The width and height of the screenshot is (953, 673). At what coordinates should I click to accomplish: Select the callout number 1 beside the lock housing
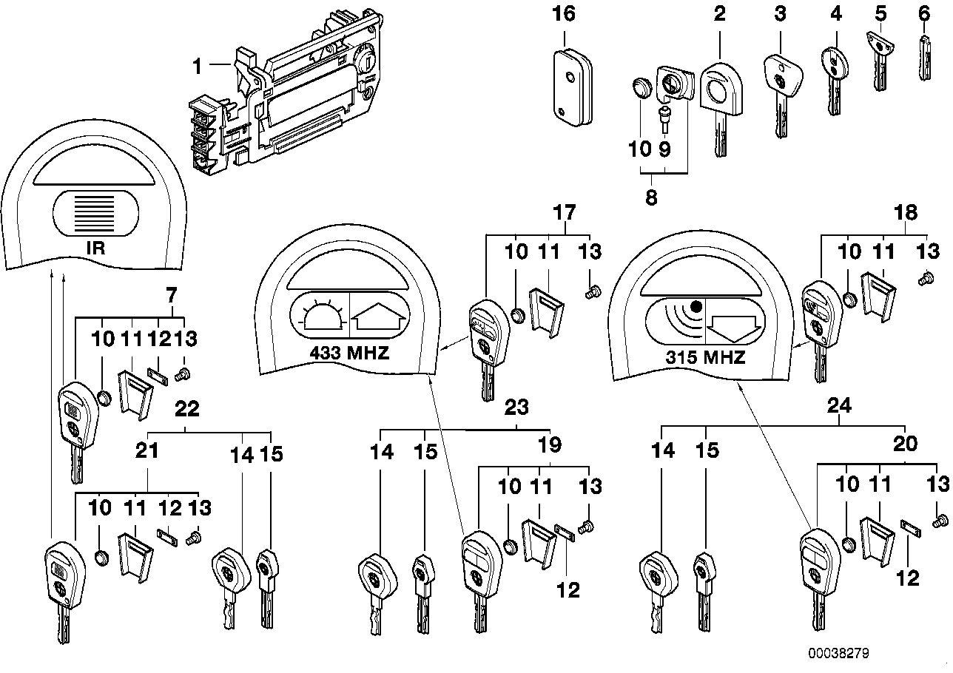(x=197, y=67)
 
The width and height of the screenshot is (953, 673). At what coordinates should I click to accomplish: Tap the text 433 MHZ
(x=349, y=353)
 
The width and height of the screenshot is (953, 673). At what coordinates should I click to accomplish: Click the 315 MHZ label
(x=706, y=358)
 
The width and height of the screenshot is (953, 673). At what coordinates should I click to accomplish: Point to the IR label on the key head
(x=95, y=248)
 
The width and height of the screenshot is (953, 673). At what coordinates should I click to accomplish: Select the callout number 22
(x=185, y=407)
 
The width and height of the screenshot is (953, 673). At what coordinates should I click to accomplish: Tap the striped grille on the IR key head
(x=94, y=212)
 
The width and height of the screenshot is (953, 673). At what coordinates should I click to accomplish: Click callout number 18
(x=905, y=213)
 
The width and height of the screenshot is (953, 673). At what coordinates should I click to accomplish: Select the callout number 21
(x=149, y=450)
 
